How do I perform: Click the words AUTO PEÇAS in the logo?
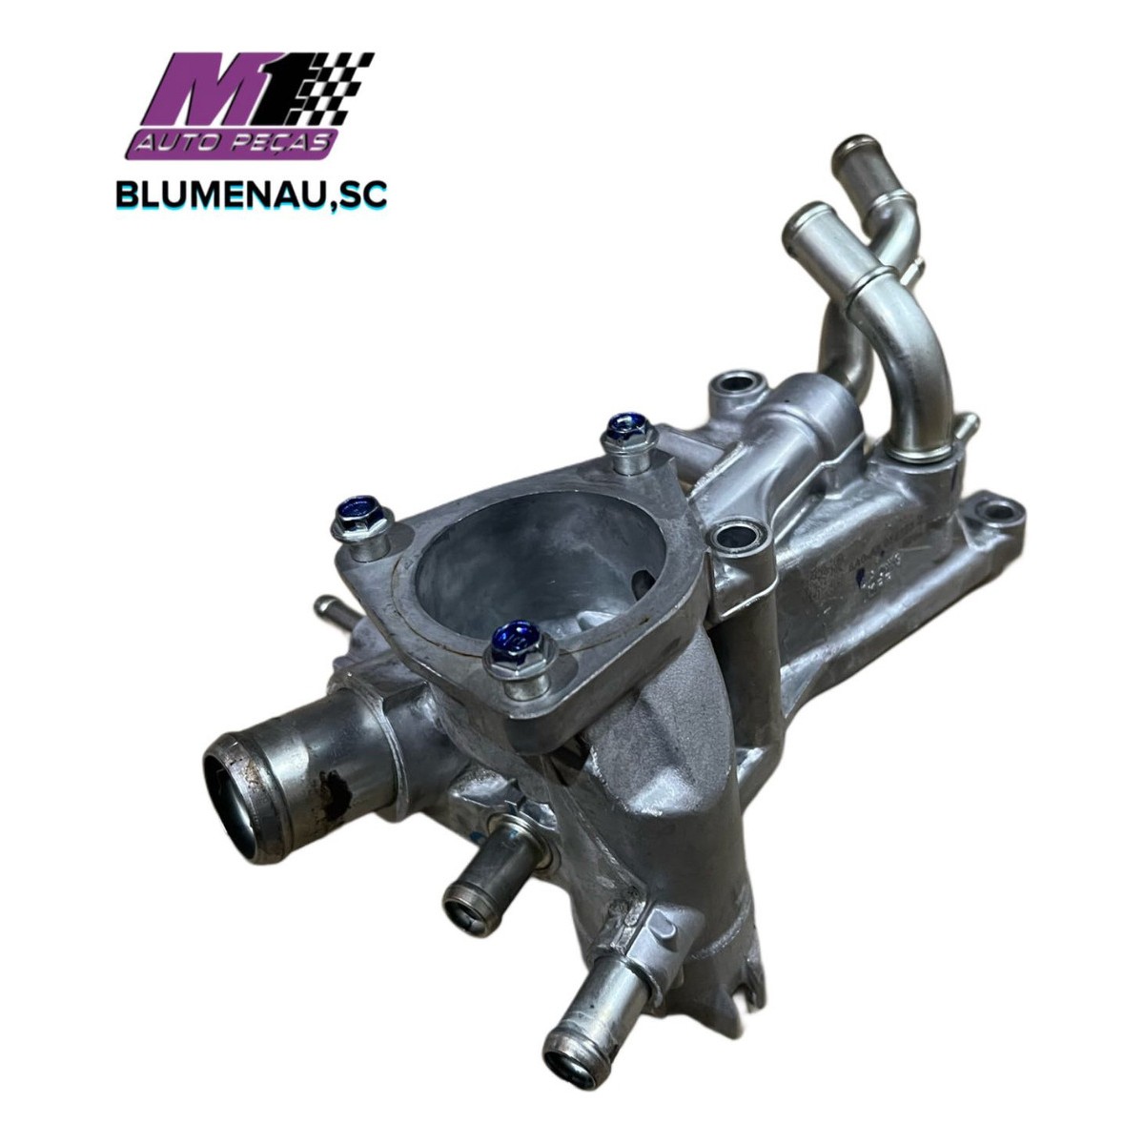click(x=234, y=143)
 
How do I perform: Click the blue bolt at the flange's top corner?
click(x=630, y=434)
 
